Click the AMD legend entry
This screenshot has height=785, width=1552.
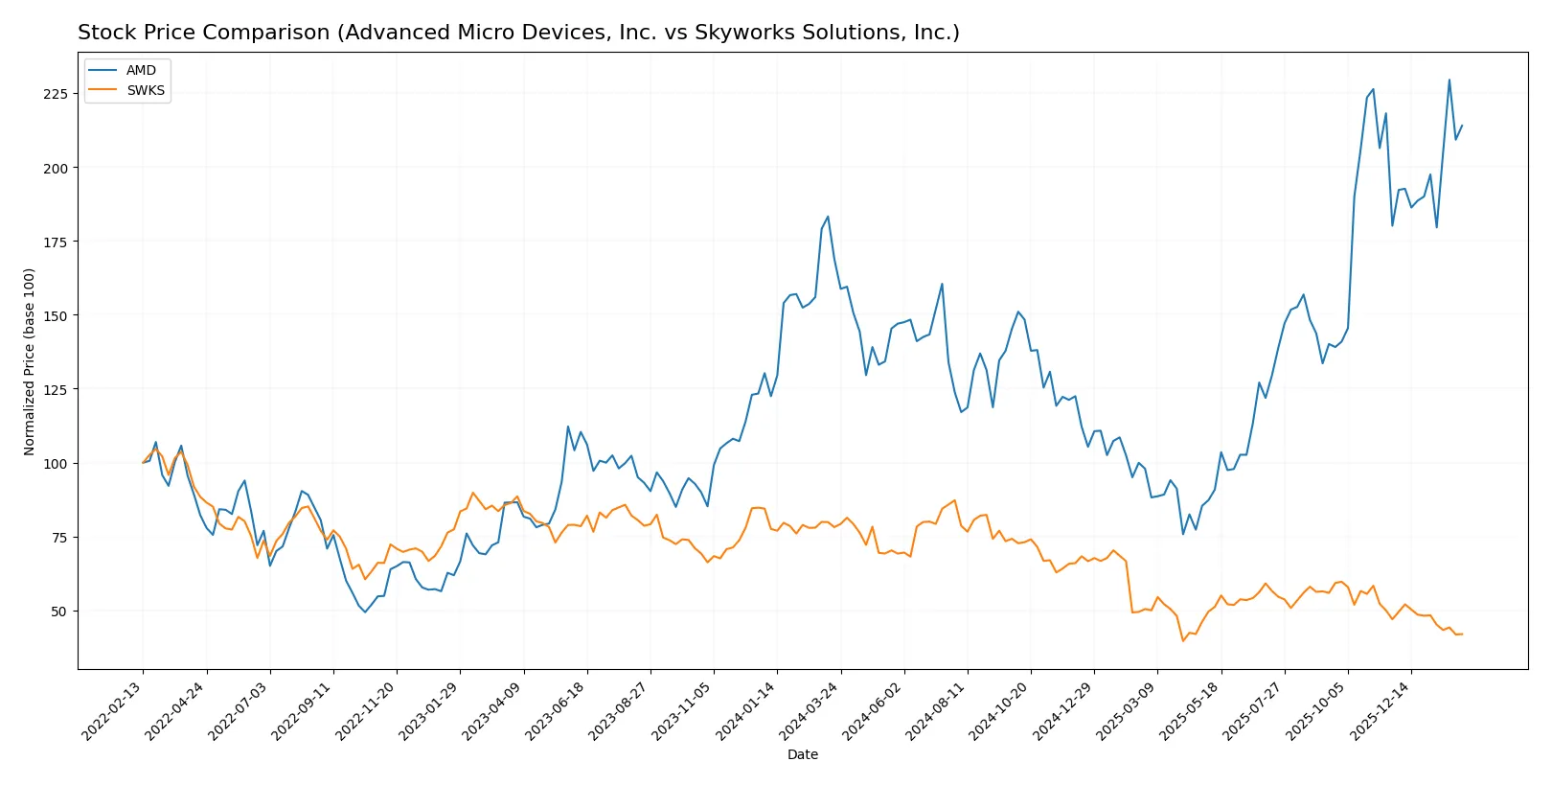140,71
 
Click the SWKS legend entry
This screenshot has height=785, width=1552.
145,91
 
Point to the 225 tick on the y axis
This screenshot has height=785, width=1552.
55,94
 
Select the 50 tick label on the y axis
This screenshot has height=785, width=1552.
58,612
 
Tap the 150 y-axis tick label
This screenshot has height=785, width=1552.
55,315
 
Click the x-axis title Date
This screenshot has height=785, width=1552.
802,755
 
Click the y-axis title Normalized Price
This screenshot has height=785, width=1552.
30,361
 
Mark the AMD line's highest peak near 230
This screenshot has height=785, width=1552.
1449,80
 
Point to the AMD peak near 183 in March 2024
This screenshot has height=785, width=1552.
828,217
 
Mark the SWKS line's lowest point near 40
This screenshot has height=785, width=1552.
1183,640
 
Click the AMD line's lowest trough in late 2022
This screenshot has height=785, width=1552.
365,612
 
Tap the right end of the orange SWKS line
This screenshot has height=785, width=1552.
1462,634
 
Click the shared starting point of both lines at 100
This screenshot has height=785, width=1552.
143,463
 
